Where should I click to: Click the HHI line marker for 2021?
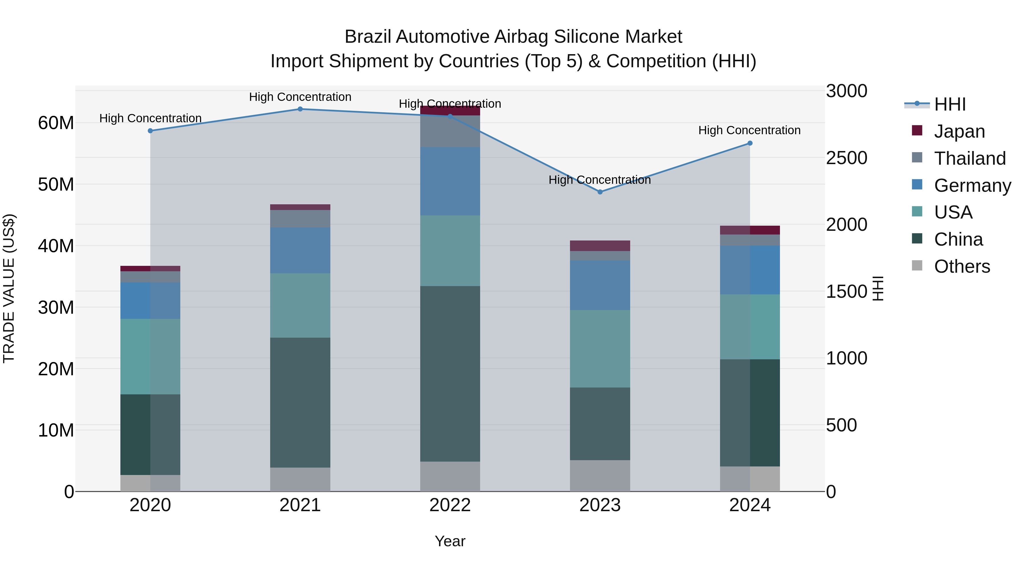pyautogui.click(x=300, y=109)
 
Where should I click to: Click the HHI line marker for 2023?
pyautogui.click(x=600, y=192)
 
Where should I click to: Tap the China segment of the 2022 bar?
pyautogui.click(x=450, y=374)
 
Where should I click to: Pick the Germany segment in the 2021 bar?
pyautogui.click(x=300, y=250)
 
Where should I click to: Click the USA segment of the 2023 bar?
pyautogui.click(x=600, y=348)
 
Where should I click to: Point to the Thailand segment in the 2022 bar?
pyautogui.click(x=450, y=131)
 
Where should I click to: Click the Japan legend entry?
pyautogui.click(x=959, y=131)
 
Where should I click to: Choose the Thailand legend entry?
pyautogui.click(x=970, y=158)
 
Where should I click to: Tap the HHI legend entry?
pyautogui.click(x=950, y=104)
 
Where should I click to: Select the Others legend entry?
pyautogui.click(x=962, y=266)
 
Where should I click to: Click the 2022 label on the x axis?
pyautogui.click(x=450, y=505)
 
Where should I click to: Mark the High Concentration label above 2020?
pyautogui.click(x=150, y=118)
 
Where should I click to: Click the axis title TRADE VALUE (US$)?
pyautogui.click(x=9, y=288)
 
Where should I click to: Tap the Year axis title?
pyautogui.click(x=450, y=541)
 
